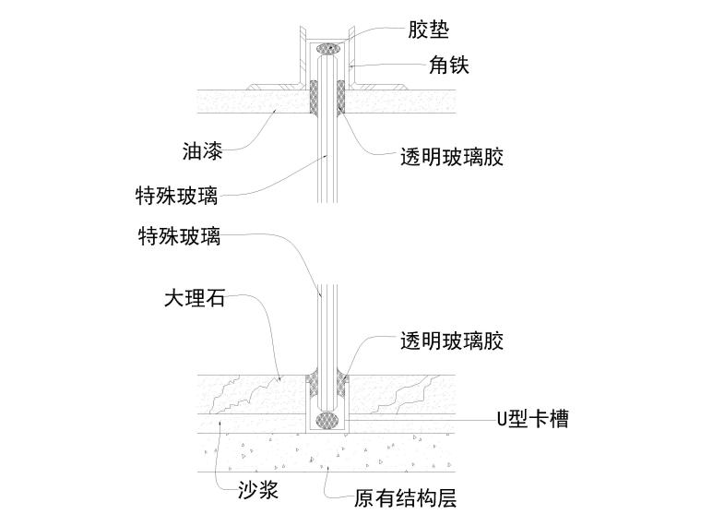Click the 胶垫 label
(429, 30)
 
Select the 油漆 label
(201, 149)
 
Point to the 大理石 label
(195, 299)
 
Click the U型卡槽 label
(532, 420)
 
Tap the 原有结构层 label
(405, 499)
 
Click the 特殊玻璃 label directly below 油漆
(177, 196)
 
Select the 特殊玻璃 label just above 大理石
(177, 236)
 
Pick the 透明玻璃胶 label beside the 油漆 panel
(452, 158)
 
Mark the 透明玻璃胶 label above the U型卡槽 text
(452, 341)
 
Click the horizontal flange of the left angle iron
(286, 86)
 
